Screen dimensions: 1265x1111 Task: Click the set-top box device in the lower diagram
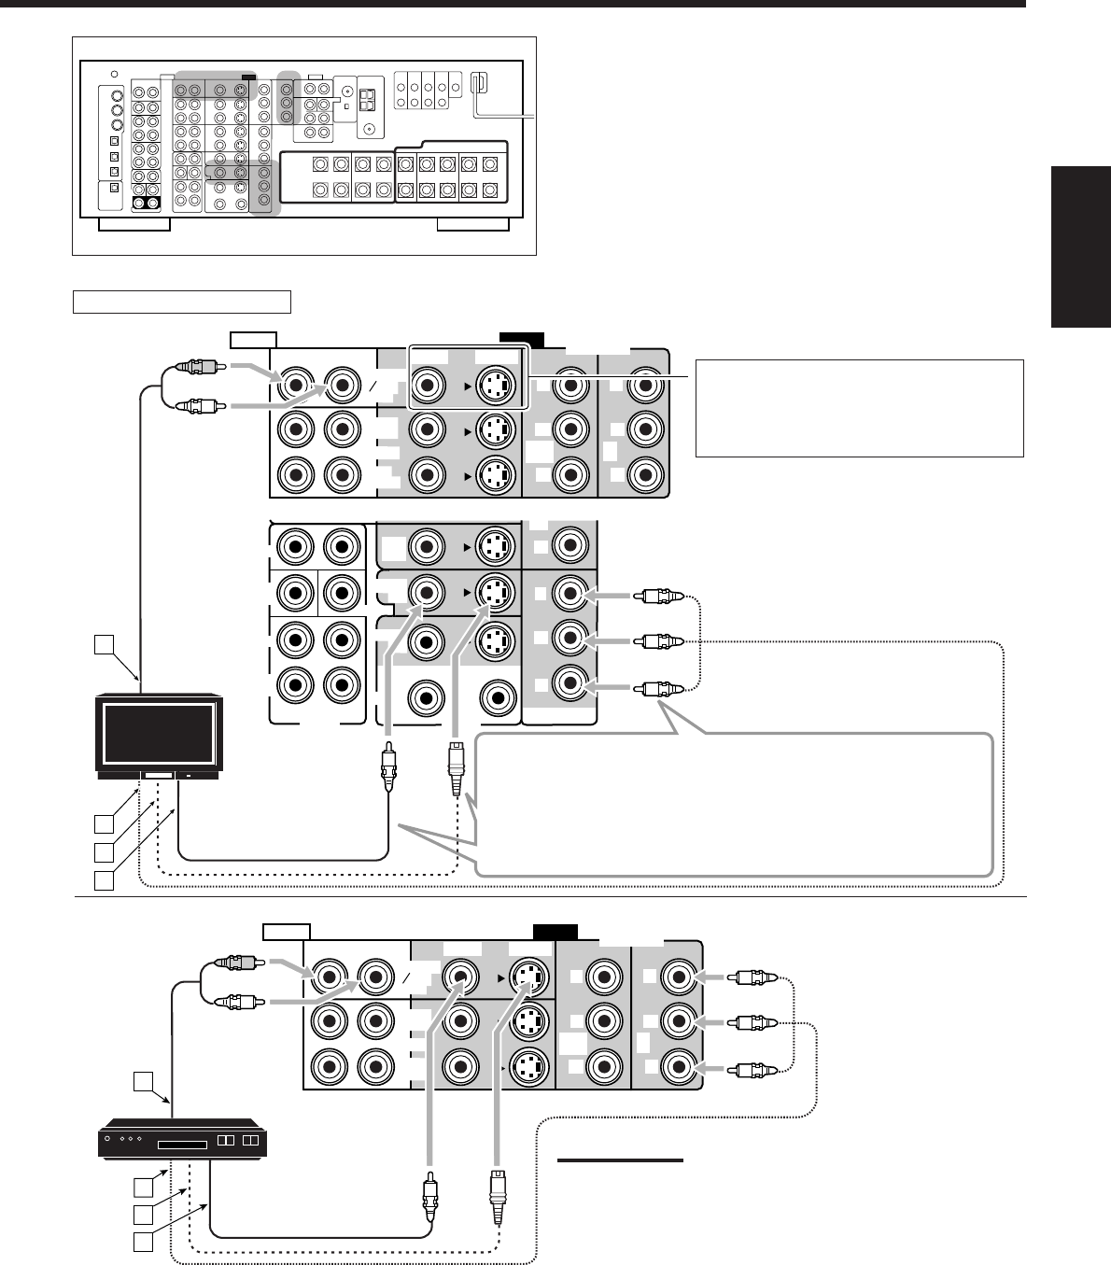183,1143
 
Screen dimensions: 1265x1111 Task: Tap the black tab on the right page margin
1080,247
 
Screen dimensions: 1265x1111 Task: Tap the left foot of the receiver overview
134,224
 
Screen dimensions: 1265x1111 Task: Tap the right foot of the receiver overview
473,224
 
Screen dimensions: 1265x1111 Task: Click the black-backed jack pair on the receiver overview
145,203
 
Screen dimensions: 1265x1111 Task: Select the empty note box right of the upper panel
859,408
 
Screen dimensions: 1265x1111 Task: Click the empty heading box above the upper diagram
182,302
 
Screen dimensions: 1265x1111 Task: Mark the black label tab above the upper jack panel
520,339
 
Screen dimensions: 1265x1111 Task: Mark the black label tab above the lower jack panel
555,931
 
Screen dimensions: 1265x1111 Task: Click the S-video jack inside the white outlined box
496,383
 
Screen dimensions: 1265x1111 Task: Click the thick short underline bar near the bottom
620,1160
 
